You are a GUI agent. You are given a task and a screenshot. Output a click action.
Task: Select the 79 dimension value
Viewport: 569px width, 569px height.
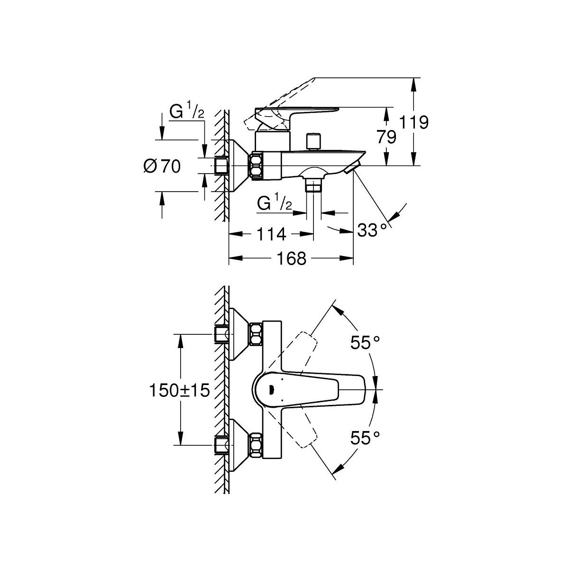(386, 137)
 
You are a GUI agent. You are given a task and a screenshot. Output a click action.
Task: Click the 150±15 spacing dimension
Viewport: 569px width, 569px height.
(179, 391)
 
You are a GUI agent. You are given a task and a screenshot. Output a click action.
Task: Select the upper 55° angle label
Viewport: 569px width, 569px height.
(365, 342)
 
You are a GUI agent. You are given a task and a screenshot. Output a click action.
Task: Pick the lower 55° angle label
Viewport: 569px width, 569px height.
(365, 438)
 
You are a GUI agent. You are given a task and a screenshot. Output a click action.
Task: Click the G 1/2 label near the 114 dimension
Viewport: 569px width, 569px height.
(274, 203)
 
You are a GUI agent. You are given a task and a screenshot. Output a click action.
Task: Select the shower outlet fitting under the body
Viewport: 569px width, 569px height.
(313, 184)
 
